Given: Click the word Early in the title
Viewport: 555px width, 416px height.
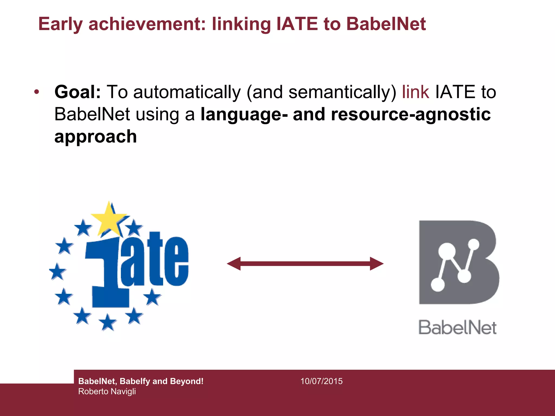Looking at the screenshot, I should click(60, 24).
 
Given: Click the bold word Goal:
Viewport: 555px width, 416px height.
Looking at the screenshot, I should click(78, 92).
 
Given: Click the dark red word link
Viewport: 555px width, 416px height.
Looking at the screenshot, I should click(415, 92).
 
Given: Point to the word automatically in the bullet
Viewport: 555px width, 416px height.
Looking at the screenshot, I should click(187, 92).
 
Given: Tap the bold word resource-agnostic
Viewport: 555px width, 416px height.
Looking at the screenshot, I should click(411, 114).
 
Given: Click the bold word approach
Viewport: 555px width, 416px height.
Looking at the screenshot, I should click(95, 136).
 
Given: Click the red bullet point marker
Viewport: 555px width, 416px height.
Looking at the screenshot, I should click(37, 92).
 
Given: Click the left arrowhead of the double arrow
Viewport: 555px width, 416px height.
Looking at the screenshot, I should click(234, 264).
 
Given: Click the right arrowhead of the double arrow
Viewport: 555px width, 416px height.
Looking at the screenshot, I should click(377, 264).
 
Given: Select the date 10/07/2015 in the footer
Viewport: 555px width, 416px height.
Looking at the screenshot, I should click(321, 381).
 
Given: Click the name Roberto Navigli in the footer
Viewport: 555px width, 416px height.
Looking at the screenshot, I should click(107, 392).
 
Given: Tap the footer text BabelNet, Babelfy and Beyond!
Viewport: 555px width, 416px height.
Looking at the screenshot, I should click(141, 381).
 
